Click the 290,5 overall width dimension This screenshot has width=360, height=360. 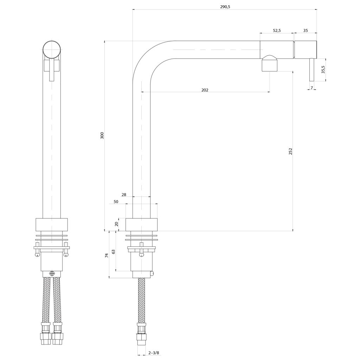225,7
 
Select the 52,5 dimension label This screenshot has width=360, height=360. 277,30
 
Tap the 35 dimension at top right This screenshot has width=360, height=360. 306,30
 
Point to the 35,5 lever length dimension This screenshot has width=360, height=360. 323,69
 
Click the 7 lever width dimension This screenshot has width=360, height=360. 311,88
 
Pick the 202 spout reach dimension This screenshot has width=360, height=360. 205,90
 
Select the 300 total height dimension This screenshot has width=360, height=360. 102,135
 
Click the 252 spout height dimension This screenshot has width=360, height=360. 290,151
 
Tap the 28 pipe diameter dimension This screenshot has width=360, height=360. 124,195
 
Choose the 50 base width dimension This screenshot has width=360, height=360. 116,201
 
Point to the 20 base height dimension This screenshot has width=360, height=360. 116,224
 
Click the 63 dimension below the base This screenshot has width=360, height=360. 113,252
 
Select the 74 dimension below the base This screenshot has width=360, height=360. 107,255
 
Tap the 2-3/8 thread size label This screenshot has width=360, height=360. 154,353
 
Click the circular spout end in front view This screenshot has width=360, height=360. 52,50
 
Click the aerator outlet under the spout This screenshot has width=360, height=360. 270,65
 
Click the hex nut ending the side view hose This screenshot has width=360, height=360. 141,337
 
